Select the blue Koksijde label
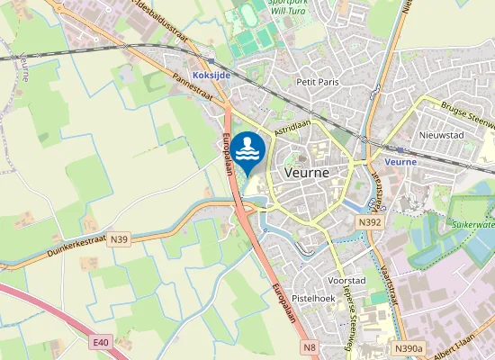pos(212,76)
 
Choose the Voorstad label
pos(346,280)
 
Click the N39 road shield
pos(120,239)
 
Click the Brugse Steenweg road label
pos(469,115)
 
